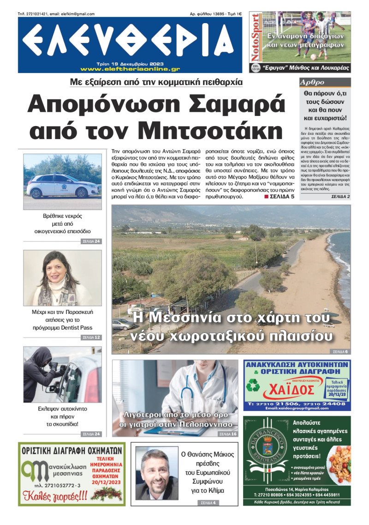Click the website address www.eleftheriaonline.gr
point(130,69)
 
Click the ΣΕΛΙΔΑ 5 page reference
point(279,197)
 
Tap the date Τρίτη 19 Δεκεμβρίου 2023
point(130,64)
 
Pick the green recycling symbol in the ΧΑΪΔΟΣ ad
point(253,386)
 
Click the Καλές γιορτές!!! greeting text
point(54,495)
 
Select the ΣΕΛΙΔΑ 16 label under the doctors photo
point(228,434)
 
